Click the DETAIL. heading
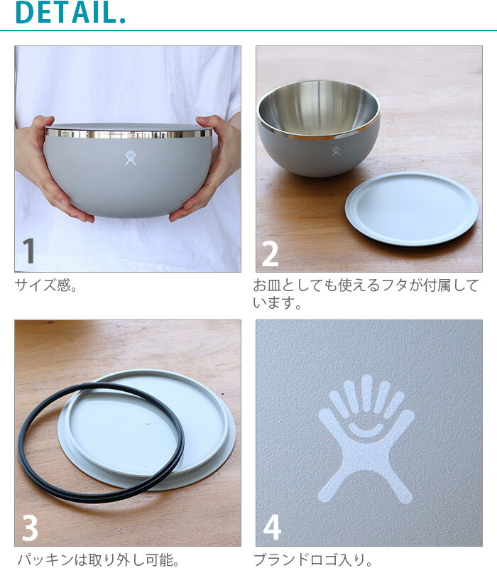[70, 13]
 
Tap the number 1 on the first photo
[28, 251]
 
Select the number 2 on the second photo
[270, 253]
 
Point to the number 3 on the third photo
[29, 527]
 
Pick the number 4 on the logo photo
[272, 527]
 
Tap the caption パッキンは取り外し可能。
[98, 559]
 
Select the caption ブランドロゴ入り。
[314, 559]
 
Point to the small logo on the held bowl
[130, 158]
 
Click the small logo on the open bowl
[335, 151]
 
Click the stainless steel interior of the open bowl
[319, 108]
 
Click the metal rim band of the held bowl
[129, 133]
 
